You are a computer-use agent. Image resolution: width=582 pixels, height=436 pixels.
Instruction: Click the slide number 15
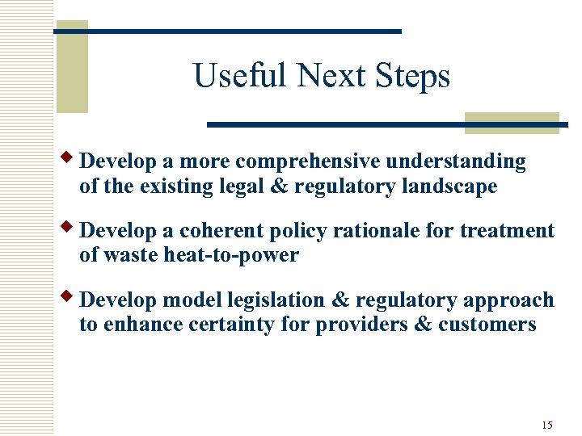point(547,425)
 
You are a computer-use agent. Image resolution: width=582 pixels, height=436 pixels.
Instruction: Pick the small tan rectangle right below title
point(512,123)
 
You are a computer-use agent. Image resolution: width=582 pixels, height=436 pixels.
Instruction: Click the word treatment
point(508,231)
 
